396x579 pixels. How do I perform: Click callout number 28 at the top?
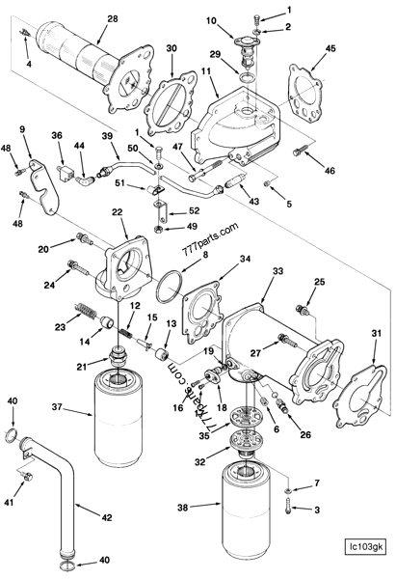tap(113, 18)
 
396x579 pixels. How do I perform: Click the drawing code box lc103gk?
tap(366, 549)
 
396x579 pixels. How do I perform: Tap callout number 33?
tap(277, 273)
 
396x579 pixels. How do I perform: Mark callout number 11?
tap(205, 72)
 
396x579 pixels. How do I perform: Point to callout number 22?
tap(117, 212)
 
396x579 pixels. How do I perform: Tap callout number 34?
tap(245, 259)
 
